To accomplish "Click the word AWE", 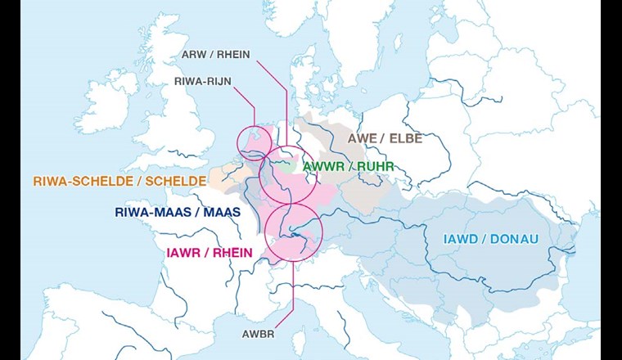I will point(362,139).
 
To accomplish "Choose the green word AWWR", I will point(324,167).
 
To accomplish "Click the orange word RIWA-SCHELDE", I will point(80,181).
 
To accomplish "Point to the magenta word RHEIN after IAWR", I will point(233,252).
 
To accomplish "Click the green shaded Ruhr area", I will point(286,164).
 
